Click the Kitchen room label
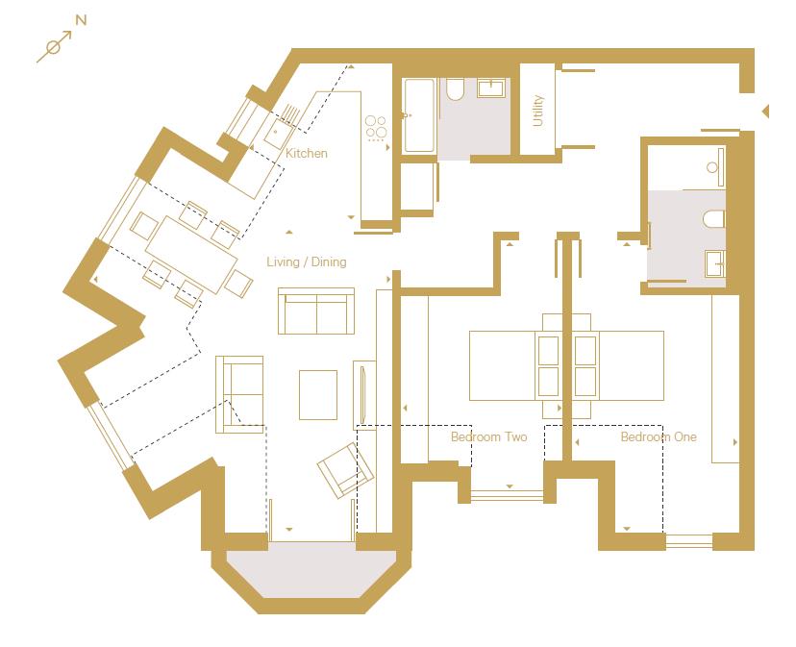pos(307,154)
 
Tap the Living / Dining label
pos(307,261)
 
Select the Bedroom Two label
pos(488,437)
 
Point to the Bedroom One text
pos(658,437)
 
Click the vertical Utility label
pos(537,111)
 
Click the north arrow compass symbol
pos(54,46)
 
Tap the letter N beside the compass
pos(81,20)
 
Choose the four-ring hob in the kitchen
pos(376,127)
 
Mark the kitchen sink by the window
pos(279,123)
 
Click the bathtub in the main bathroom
pos(419,115)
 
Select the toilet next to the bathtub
pos(456,90)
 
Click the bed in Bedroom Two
pos(514,365)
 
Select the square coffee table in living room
pos(318,394)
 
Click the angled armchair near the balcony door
pos(345,470)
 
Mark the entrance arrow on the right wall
pos(764,112)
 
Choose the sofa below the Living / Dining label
pos(316,311)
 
